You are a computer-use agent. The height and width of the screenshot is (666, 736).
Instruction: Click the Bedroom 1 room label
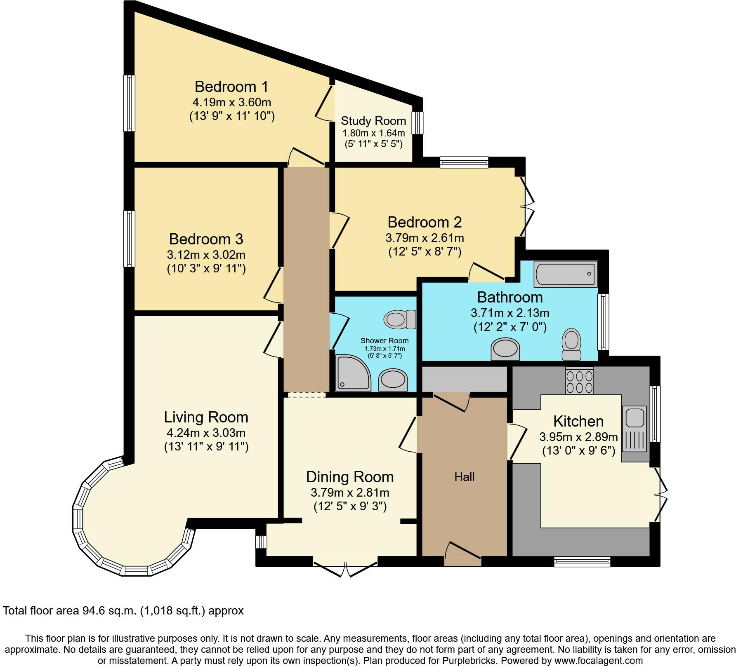pyautogui.click(x=231, y=87)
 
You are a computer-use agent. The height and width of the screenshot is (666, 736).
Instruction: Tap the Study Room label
pyautogui.click(x=373, y=121)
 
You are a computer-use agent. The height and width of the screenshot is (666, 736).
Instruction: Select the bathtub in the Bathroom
pyautogui.click(x=566, y=274)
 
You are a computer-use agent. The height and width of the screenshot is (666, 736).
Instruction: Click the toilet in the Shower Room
pyautogui.click(x=400, y=319)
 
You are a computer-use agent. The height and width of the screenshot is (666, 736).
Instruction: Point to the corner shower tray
pyautogui.click(x=354, y=373)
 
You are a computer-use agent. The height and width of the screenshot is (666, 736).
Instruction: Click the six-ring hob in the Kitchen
pyautogui.click(x=579, y=380)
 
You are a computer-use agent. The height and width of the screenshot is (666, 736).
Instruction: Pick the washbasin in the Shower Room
pyautogui.click(x=393, y=380)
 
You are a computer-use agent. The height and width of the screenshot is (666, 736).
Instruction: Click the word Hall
pyautogui.click(x=465, y=477)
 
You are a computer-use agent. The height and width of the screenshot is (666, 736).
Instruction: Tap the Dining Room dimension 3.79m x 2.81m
pyautogui.click(x=350, y=492)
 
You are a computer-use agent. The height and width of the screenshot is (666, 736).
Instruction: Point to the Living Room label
pyautogui.click(x=206, y=417)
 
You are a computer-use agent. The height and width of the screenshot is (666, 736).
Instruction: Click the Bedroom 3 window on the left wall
pyautogui.click(x=130, y=239)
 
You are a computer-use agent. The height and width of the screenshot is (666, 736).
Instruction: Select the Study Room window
pyautogui.click(x=418, y=123)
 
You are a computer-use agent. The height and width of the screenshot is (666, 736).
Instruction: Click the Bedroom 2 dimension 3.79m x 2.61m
pyautogui.click(x=425, y=238)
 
